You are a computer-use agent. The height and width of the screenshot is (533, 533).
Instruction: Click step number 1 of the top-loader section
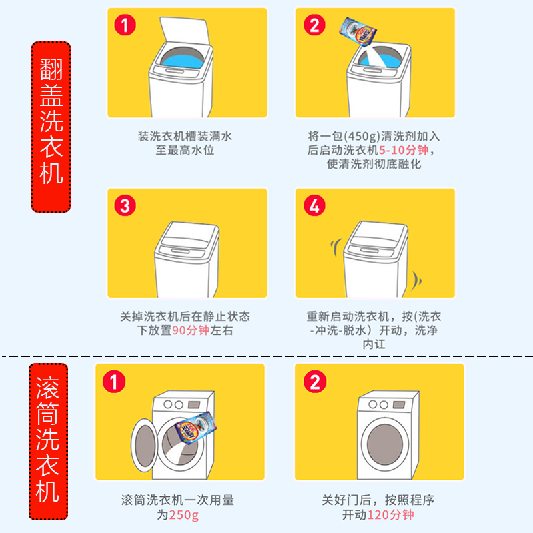125,25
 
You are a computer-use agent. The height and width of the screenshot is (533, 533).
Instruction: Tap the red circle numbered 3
125,205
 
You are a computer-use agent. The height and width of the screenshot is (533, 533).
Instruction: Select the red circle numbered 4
314,205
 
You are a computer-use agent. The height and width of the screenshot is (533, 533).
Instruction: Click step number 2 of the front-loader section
315,381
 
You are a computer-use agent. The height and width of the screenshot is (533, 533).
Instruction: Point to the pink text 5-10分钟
404,150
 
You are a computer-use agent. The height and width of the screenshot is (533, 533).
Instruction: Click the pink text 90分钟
191,330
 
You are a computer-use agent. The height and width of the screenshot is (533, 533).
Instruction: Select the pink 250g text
184,515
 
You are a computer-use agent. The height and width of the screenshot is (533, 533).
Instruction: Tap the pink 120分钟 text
390,514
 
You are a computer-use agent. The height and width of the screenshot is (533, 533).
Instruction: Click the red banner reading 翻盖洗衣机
51,127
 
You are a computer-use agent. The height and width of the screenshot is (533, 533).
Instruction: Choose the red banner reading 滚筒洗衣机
48,441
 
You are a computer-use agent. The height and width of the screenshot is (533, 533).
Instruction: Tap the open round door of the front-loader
144,445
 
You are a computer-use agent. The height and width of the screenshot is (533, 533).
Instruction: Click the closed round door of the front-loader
385,444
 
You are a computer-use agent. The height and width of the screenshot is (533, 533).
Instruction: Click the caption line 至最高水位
185,150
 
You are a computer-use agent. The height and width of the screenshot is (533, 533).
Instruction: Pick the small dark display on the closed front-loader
398,405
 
